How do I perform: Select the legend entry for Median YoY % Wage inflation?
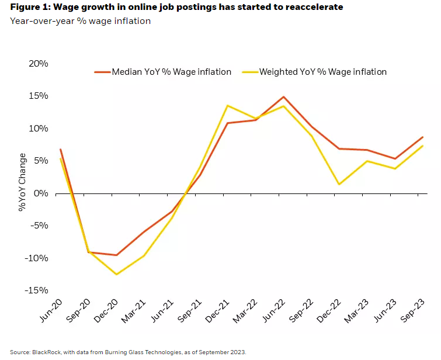[163, 72]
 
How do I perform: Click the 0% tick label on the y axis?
[40, 193]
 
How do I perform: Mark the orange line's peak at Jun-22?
[283, 97]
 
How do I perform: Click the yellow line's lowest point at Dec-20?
[117, 274]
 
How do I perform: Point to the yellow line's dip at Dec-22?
[339, 184]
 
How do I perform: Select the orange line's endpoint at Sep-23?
[422, 137]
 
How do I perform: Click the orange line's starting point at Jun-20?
[60, 149]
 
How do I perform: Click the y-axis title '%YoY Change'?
[22, 182]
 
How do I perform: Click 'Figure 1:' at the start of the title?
[29, 8]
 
